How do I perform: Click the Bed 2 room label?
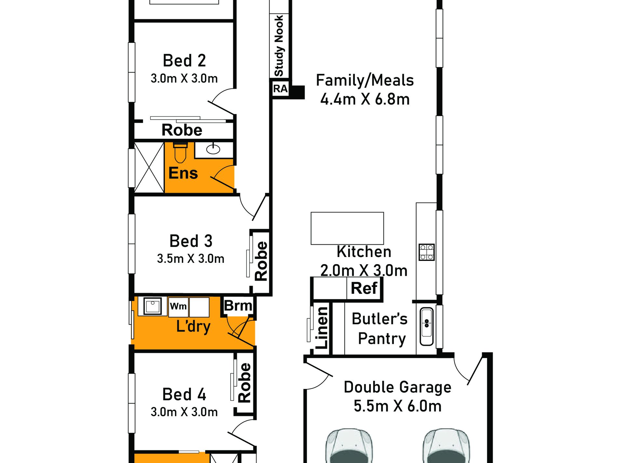(x=184, y=60)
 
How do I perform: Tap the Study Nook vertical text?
(x=279, y=46)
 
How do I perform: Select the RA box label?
(x=280, y=89)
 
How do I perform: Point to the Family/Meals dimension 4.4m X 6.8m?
(x=365, y=99)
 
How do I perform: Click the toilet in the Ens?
(x=180, y=152)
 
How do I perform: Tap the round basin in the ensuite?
(x=213, y=149)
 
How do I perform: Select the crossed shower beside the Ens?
(x=149, y=168)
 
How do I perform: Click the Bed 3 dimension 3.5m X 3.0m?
(x=191, y=259)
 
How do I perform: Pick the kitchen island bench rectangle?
(x=347, y=228)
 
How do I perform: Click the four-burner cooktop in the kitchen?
(x=427, y=252)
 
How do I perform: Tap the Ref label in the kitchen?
(x=364, y=288)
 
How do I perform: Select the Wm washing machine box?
(x=178, y=307)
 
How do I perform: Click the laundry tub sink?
(x=153, y=306)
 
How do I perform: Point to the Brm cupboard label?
(x=238, y=306)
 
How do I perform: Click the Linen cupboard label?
(x=322, y=328)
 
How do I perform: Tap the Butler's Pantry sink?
(x=427, y=327)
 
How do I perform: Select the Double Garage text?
(x=397, y=387)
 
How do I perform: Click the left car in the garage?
(x=349, y=446)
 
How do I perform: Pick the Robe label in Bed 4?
(x=245, y=383)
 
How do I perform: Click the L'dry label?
(x=193, y=326)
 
